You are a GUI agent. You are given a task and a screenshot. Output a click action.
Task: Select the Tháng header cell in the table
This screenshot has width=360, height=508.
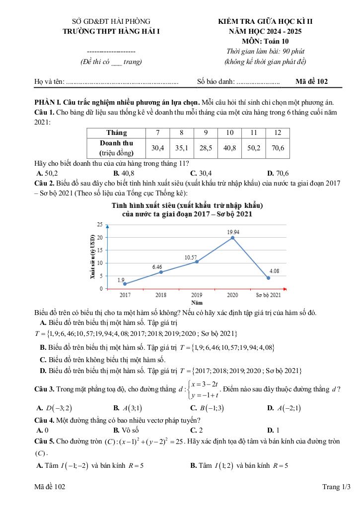click(116, 132)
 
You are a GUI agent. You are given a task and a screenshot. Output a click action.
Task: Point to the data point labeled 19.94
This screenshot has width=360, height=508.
click(232, 238)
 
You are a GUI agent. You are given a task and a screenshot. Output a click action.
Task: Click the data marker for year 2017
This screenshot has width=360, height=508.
click(125, 284)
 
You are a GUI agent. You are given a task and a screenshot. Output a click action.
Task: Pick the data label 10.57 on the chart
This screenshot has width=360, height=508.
click(191, 257)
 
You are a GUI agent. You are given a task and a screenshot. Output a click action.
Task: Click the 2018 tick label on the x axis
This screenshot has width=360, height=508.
click(161, 295)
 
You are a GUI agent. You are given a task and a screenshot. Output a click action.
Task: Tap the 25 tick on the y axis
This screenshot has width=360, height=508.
click(99, 225)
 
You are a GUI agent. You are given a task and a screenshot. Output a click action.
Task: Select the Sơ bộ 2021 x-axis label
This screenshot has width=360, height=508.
click(268, 295)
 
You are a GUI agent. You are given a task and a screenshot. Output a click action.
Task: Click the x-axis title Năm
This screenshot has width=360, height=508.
click(197, 302)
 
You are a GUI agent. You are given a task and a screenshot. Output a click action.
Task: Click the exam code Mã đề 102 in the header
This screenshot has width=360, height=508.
click(311, 81)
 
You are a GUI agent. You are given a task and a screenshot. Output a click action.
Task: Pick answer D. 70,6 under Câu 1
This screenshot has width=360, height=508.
click(278, 173)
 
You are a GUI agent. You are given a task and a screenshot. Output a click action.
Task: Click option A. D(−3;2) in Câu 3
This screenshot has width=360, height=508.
click(55, 408)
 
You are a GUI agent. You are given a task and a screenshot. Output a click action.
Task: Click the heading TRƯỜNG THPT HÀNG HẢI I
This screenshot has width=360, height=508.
click(111, 31)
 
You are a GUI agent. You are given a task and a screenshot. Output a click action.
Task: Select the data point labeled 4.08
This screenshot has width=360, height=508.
click(268, 278)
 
